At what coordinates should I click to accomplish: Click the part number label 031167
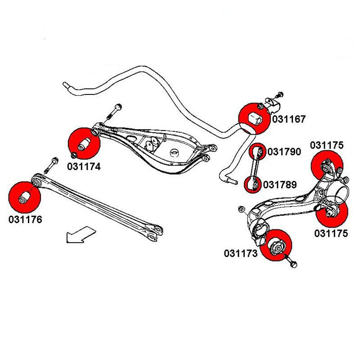tap(288, 119)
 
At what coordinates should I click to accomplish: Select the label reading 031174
tap(84, 166)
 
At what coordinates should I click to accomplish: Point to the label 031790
tap(284, 152)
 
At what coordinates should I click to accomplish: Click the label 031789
tap(279, 184)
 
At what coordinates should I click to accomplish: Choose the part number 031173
tap(241, 253)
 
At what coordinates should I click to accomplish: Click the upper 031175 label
tap(327, 145)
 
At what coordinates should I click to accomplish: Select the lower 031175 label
tap(331, 233)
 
